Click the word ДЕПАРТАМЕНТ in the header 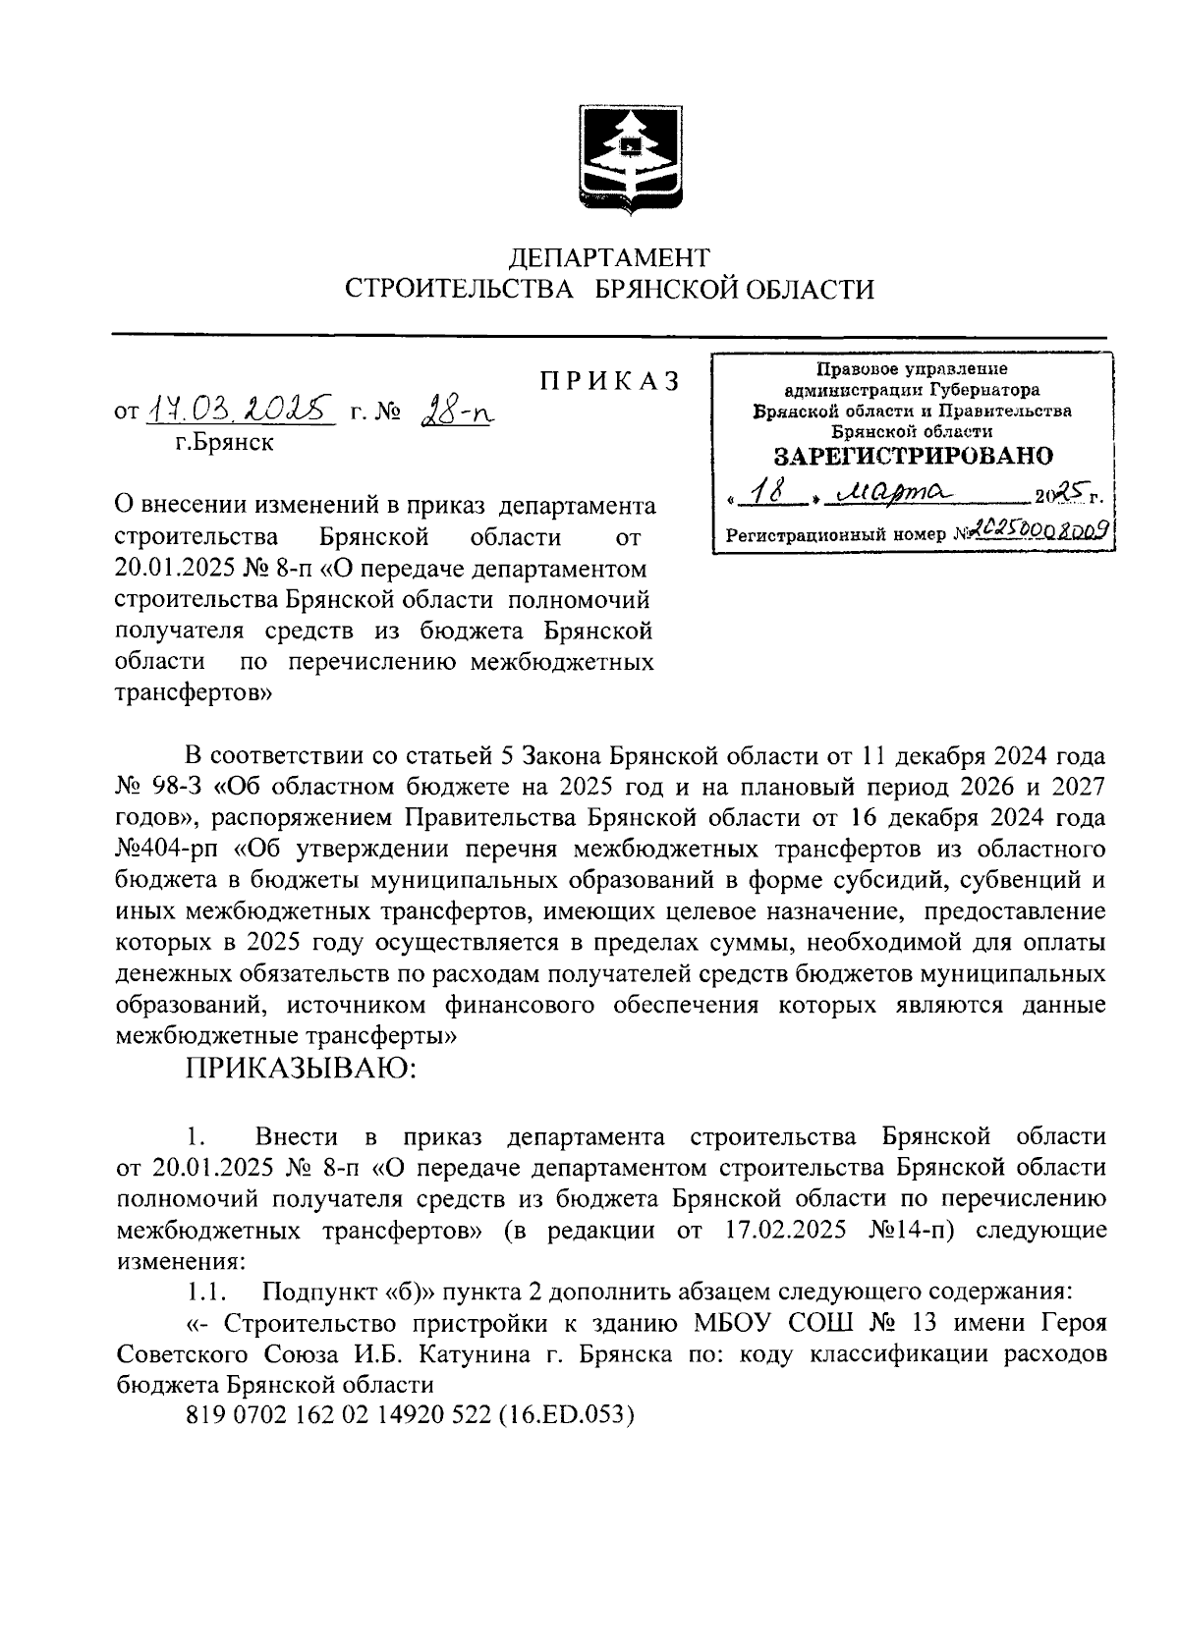click(608, 257)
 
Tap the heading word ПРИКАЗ click(609, 381)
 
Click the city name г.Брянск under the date click(225, 443)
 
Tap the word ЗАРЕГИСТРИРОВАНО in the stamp click(913, 457)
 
